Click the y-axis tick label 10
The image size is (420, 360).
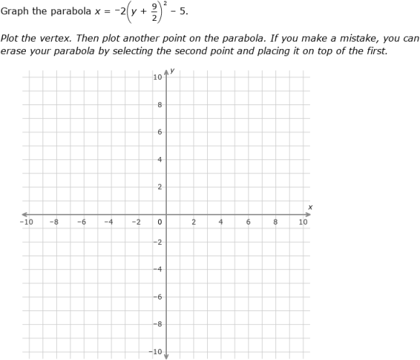point(157,77)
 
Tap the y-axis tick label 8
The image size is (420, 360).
point(160,105)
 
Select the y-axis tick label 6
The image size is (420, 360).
point(160,132)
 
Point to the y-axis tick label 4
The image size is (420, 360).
point(160,160)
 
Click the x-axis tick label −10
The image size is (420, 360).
point(26,222)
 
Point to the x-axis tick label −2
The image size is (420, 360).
point(135,222)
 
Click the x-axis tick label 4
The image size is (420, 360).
point(221,222)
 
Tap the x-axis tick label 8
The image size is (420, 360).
point(275,222)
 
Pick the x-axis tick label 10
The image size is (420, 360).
point(303,222)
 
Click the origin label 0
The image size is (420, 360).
point(160,222)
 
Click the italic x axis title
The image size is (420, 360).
point(310,207)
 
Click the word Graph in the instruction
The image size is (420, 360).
point(14,12)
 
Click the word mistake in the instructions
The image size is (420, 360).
point(349,38)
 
